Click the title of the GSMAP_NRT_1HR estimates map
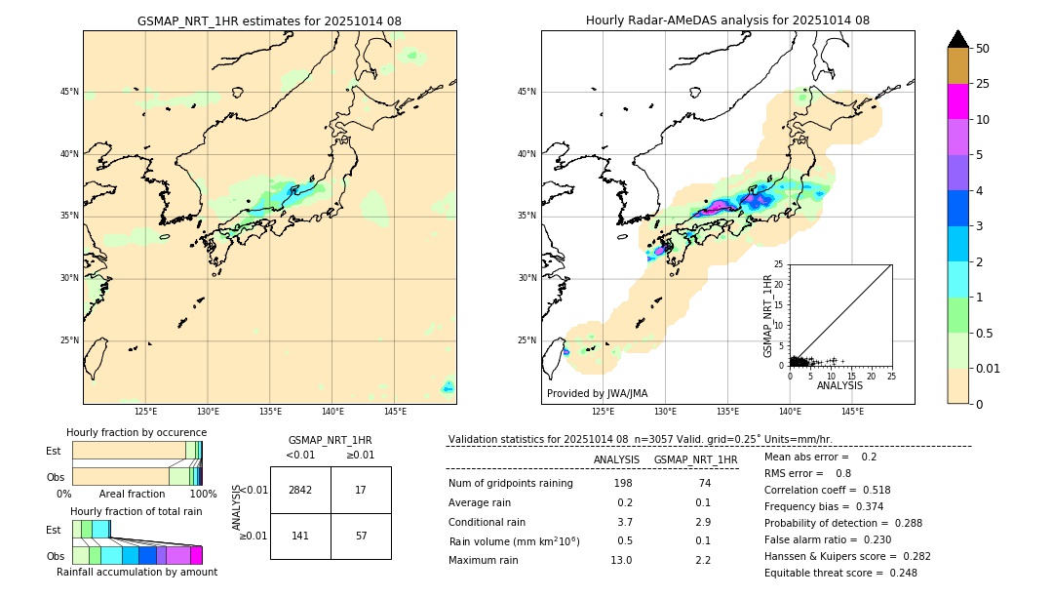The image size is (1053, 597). click(269, 20)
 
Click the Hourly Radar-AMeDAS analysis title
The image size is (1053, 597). click(727, 20)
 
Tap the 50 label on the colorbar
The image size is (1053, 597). click(983, 49)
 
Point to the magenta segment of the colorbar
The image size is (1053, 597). click(957, 101)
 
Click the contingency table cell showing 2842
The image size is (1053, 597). click(300, 490)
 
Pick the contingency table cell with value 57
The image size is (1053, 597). click(361, 536)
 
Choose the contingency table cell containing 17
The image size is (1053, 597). click(361, 490)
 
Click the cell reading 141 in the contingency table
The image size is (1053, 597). click(300, 536)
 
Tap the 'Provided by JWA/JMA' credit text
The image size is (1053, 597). click(597, 393)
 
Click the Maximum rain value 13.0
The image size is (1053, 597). click(622, 560)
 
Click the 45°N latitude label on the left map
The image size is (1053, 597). click(69, 92)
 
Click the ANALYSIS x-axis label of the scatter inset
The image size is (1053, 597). click(839, 385)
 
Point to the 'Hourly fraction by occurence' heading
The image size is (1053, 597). click(136, 432)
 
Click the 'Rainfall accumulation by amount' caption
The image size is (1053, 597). click(136, 572)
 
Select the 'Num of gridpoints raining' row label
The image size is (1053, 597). click(510, 484)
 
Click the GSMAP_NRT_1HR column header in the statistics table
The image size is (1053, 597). click(695, 459)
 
